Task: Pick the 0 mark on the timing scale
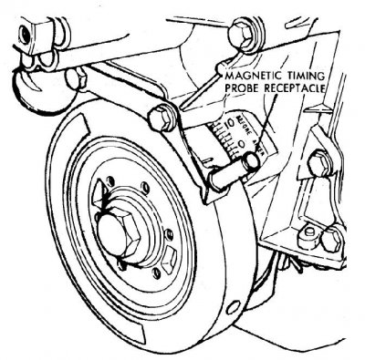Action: [239, 141]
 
